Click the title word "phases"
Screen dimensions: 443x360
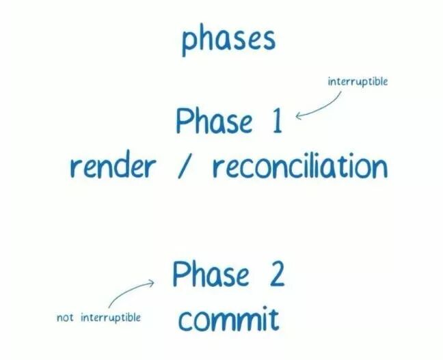pyautogui.click(x=228, y=40)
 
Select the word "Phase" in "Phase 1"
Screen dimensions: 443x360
pyautogui.click(x=214, y=122)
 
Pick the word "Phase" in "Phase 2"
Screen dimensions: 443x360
pyautogui.click(x=211, y=275)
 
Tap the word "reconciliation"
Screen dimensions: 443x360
pyautogui.click(x=299, y=166)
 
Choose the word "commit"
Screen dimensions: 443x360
pyautogui.click(x=228, y=318)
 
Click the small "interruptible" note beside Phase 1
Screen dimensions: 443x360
pyautogui.click(x=358, y=82)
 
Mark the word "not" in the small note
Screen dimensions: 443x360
pyautogui.click(x=66, y=318)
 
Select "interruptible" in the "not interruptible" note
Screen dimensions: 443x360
pyautogui.click(x=111, y=318)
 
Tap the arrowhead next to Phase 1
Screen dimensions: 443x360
pyautogui.click(x=299, y=115)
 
